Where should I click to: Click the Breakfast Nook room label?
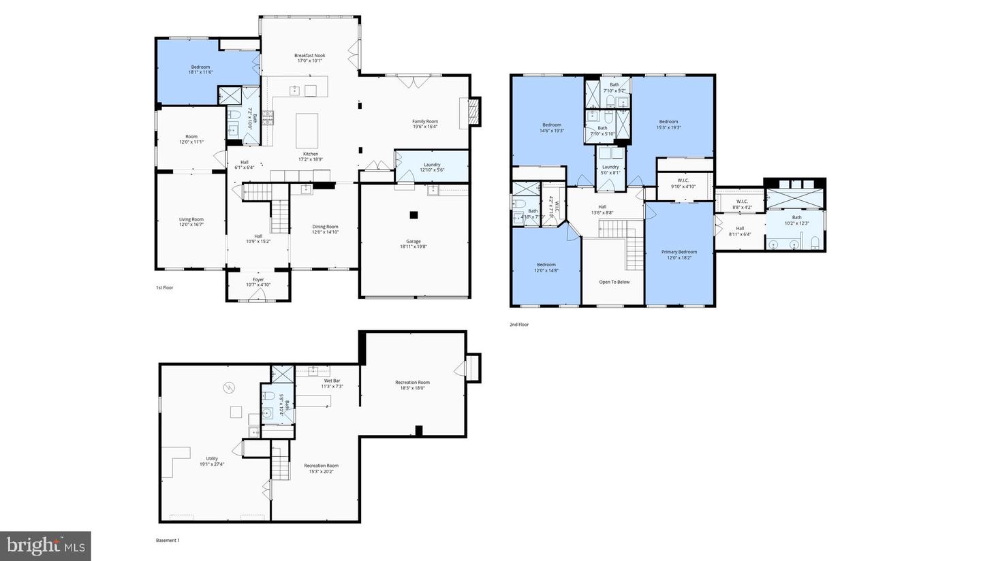tap(309, 56)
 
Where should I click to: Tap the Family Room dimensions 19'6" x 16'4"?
tap(424, 127)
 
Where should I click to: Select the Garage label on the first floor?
tap(413, 241)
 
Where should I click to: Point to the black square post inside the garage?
tap(414, 215)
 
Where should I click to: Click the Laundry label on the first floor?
tap(432, 165)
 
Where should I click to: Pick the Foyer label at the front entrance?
tap(258, 279)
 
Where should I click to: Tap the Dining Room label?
tap(325, 227)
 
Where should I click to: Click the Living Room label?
tap(191, 219)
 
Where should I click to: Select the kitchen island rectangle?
tap(307, 131)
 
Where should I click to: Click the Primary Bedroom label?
tap(679, 252)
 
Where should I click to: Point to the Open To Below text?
tap(614, 282)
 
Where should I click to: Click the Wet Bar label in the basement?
tap(332, 381)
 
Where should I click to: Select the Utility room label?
tap(212, 458)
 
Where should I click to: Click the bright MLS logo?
tap(45, 545)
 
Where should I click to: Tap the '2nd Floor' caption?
tap(519, 325)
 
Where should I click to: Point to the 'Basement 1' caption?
tap(168, 541)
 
